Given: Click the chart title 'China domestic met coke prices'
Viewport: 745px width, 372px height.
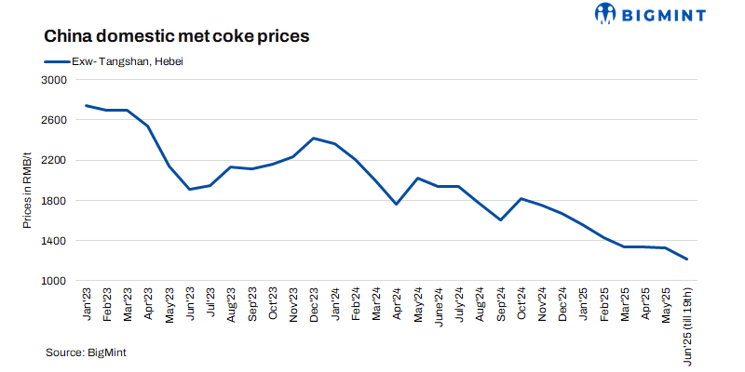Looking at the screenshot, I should pyautogui.click(x=177, y=37).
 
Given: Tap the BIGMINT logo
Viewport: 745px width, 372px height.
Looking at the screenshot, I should pyautogui.click(x=650, y=14).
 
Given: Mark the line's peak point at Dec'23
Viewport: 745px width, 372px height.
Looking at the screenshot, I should pyautogui.click(x=314, y=139).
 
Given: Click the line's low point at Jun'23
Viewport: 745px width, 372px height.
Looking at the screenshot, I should pyautogui.click(x=189, y=190).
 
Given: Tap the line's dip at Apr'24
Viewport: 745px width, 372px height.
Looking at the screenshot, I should pyautogui.click(x=397, y=204).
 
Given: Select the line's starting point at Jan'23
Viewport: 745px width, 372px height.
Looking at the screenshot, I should pyautogui.click(x=86, y=105).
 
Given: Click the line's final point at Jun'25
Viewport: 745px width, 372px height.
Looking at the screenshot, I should pyautogui.click(x=687, y=259).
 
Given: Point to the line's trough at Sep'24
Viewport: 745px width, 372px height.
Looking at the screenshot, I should pyautogui.click(x=501, y=220).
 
